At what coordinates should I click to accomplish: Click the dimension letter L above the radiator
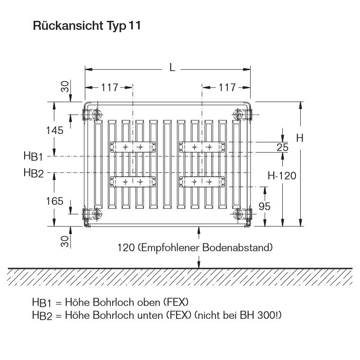pos(172,68)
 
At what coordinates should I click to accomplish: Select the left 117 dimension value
pos(109,87)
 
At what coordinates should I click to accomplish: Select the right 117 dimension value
pos(227,87)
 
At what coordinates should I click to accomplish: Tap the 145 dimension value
pos(54,131)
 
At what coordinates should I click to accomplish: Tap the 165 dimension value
pos(54,201)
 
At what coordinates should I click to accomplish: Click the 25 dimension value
pos(282,147)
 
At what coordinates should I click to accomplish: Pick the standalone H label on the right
pos(299,138)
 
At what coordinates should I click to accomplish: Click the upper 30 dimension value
pos(65,86)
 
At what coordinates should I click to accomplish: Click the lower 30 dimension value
pos(65,241)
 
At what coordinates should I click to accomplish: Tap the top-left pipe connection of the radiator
pos(97,114)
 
